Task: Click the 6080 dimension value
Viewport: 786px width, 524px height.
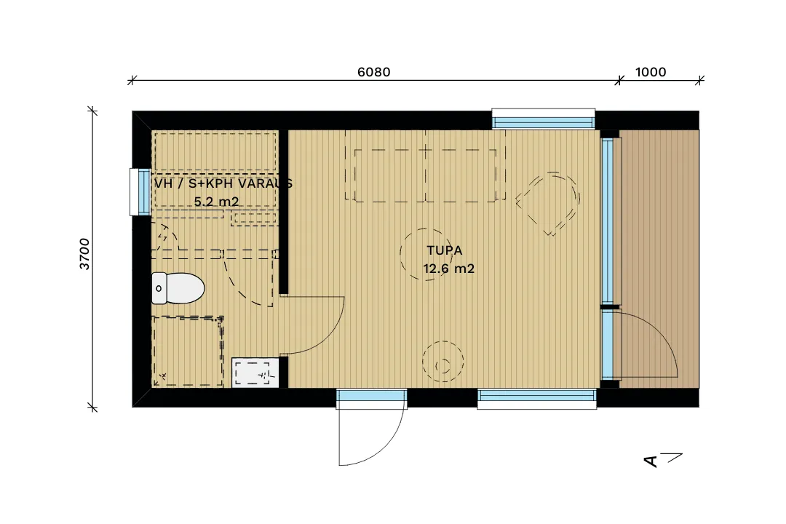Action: (x=373, y=72)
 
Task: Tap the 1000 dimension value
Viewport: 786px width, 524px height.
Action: (x=651, y=72)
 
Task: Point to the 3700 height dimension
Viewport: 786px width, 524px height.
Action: (x=84, y=254)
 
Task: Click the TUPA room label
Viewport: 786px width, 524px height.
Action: (x=444, y=250)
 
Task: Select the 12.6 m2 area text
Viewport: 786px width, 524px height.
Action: (x=448, y=269)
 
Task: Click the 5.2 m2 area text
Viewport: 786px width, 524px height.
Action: (x=216, y=202)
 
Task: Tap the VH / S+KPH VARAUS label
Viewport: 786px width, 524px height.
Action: (x=223, y=183)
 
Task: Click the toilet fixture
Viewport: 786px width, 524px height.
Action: (x=178, y=288)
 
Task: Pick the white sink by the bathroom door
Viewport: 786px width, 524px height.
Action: (x=255, y=373)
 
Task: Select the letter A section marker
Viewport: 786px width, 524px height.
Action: (x=651, y=461)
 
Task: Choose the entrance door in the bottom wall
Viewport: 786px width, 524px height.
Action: (x=371, y=426)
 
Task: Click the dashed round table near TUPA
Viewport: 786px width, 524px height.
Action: (x=426, y=255)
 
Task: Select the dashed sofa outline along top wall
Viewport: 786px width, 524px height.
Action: (x=425, y=165)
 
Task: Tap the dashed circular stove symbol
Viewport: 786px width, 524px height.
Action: (x=442, y=362)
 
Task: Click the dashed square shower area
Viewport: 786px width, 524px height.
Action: (x=188, y=351)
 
